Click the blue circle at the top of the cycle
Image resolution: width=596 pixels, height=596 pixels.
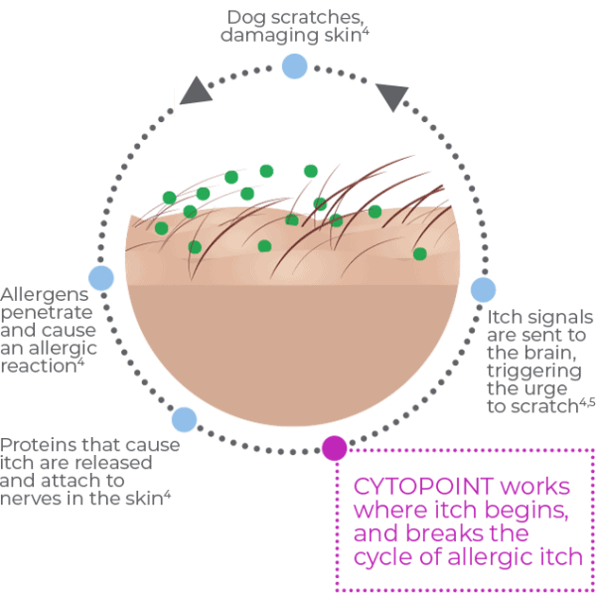click(294, 67)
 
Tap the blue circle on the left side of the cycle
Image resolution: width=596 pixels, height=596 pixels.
click(101, 278)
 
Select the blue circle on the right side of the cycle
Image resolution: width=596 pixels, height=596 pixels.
click(483, 289)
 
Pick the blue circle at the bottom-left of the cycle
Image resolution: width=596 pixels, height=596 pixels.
click(185, 419)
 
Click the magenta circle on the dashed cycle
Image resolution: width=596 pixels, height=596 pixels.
click(335, 449)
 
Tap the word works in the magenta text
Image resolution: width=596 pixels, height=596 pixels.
click(535, 488)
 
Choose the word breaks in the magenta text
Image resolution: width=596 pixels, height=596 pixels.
click(461, 534)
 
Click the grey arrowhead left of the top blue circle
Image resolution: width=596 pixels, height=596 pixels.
click(199, 92)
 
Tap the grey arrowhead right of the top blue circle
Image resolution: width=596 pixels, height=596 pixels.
click(393, 96)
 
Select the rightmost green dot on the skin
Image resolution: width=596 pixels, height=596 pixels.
click(419, 254)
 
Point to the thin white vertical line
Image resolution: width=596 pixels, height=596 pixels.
click(175, 101)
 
